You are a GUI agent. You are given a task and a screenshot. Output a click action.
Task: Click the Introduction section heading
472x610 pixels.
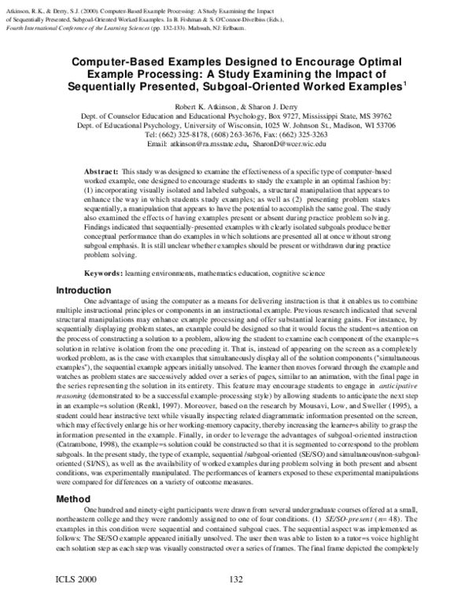pos(83,290)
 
